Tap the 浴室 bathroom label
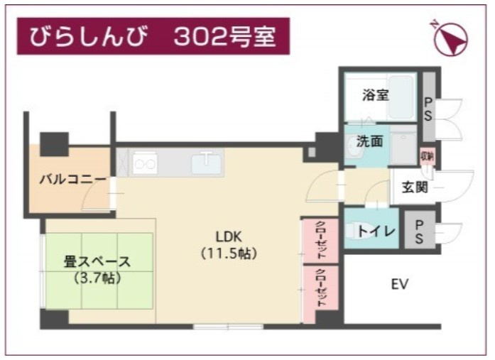click(x=375, y=95)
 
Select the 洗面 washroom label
click(x=370, y=141)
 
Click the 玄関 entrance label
click(x=415, y=188)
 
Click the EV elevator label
click(x=399, y=285)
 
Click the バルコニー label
click(x=67, y=180)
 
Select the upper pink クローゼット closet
click(x=315, y=241)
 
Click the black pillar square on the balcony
click(x=54, y=143)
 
